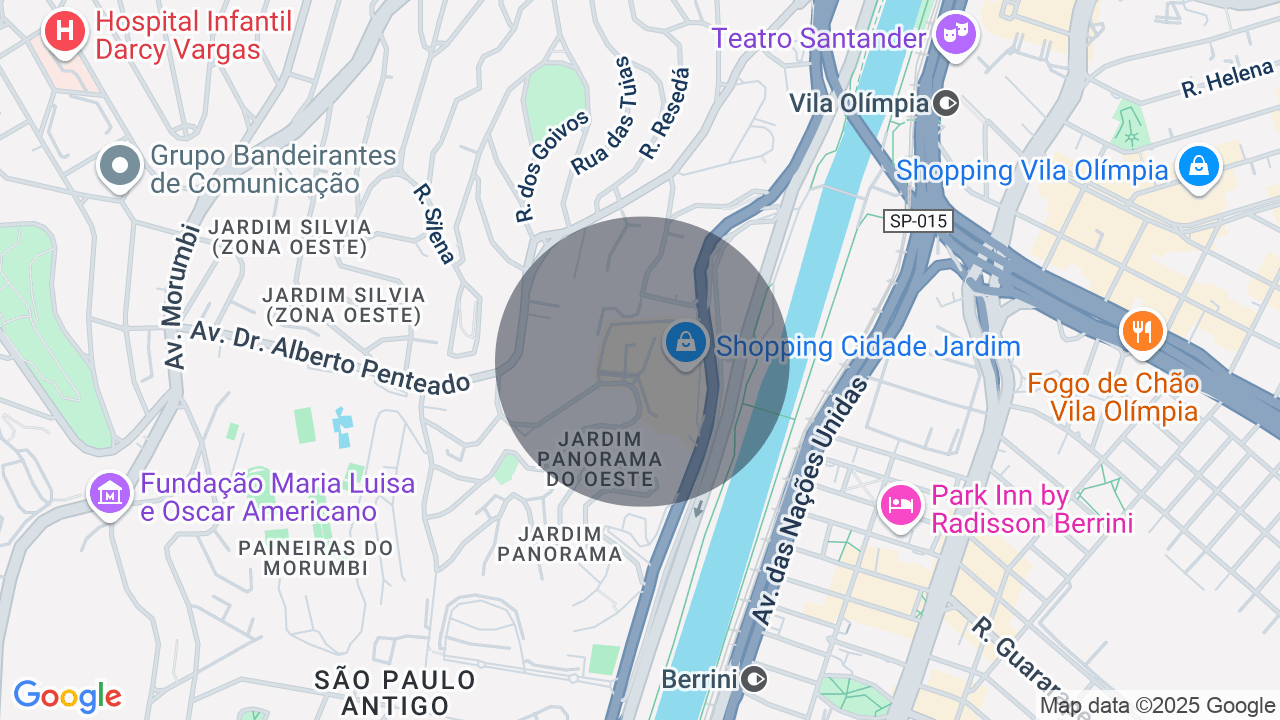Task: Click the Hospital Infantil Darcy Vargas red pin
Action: [x=65, y=31]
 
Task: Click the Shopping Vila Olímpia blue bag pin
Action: [x=1198, y=166]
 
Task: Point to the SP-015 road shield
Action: [x=917, y=221]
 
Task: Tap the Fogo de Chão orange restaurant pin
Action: [x=1142, y=330]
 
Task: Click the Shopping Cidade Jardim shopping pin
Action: [x=686, y=344]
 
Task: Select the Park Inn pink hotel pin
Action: [x=900, y=505]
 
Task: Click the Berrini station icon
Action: [x=754, y=680]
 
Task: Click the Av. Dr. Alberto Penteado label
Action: [x=330, y=358]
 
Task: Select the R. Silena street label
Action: [x=434, y=223]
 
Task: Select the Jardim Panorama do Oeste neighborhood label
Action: [x=600, y=459]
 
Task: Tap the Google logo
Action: [x=67, y=697]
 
